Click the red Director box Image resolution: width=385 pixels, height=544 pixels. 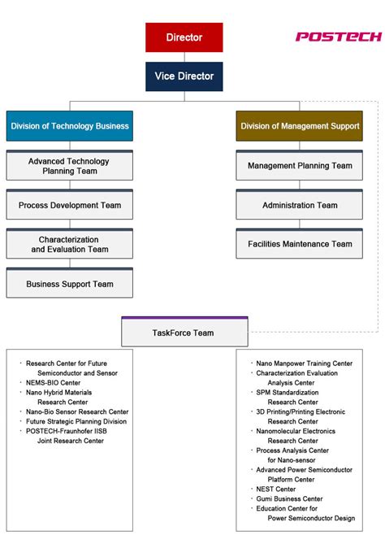(184, 37)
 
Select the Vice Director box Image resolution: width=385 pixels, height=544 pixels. (184, 76)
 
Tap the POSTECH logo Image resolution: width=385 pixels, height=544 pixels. (337, 37)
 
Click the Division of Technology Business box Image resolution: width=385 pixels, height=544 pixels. (69, 126)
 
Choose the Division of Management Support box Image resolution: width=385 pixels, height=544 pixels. (300, 126)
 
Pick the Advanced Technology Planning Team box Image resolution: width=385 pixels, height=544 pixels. (69, 166)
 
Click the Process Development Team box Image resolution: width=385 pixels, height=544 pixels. (69, 205)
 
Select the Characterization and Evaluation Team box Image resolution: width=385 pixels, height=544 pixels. (69, 245)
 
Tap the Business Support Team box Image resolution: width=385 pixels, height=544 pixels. (69, 284)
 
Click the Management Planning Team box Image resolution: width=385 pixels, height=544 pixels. (300, 166)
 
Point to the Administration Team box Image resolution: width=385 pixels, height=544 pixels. (300, 205)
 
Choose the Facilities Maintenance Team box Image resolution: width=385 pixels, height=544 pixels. (300, 244)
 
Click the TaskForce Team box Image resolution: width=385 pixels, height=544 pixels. (184, 333)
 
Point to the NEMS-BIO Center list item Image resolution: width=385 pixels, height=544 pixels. (54, 382)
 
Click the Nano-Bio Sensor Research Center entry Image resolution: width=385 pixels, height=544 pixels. (77, 411)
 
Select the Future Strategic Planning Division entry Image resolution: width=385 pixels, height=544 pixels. (76, 421)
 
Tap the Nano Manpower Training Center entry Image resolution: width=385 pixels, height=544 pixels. (305, 363)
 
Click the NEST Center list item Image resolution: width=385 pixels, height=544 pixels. (275, 489)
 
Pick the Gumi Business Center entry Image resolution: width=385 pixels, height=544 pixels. (289, 498)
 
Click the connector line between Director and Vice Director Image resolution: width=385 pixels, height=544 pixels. (184, 57)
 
